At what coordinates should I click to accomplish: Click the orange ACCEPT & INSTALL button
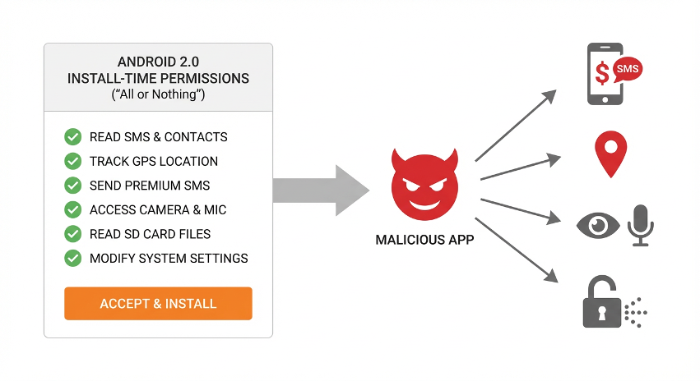click(x=158, y=304)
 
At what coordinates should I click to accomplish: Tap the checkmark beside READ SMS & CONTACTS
click(x=72, y=137)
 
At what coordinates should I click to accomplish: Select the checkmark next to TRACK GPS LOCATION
click(x=72, y=161)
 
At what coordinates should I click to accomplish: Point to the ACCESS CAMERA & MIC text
click(x=158, y=210)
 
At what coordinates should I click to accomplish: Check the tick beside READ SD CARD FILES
click(x=72, y=234)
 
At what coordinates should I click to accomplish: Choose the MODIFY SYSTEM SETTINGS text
click(x=169, y=259)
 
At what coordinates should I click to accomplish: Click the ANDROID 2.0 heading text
click(x=158, y=62)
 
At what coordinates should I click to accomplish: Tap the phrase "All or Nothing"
click(x=158, y=95)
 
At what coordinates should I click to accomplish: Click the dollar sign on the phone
click(x=602, y=74)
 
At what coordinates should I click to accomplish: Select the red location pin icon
click(x=610, y=154)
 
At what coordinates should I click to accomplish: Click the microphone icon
click(x=640, y=224)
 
